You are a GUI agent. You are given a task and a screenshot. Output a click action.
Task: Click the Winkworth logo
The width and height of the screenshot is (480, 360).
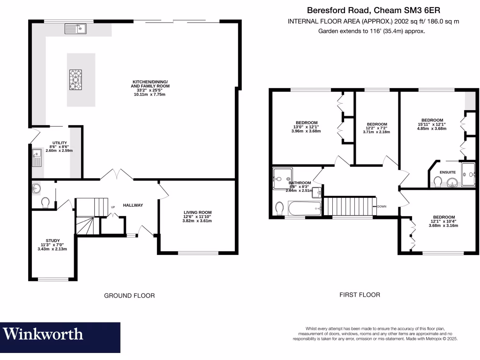point(44,334)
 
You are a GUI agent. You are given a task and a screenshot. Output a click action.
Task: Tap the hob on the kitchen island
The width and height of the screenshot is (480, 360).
point(76,79)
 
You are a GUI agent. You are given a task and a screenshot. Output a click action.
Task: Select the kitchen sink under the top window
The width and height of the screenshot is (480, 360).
point(75,29)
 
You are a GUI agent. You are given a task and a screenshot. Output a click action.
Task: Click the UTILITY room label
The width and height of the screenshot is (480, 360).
point(60,142)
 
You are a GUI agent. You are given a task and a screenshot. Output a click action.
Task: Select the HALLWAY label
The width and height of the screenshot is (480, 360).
point(133,205)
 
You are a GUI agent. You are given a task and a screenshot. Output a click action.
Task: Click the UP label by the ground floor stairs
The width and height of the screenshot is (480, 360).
point(112,207)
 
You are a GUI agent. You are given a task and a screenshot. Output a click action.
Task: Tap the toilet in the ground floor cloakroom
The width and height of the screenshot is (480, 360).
point(45,202)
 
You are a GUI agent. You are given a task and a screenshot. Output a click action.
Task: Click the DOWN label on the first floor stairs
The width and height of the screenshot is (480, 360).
point(381,206)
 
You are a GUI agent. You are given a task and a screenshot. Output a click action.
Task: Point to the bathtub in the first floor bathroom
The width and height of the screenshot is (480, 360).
point(303,208)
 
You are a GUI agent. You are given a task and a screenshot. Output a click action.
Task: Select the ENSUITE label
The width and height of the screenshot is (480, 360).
point(447,172)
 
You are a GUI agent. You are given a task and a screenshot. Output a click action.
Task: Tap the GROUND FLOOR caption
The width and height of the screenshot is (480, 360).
point(129,295)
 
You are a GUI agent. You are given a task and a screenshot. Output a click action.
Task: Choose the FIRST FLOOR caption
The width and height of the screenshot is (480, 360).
point(360,295)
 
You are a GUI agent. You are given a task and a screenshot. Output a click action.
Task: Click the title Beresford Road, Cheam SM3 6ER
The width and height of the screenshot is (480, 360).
point(374,9)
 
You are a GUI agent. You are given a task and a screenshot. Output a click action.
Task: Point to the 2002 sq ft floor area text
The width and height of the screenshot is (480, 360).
point(373,22)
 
